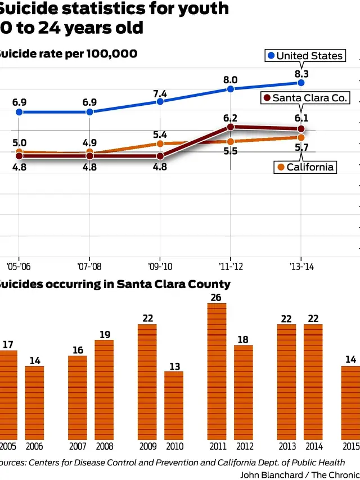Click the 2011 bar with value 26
pos(217,371)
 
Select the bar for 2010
pos(174,405)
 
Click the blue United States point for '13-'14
pos(301,83)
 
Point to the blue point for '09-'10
pos(160,101)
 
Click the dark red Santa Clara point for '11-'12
pos(231,127)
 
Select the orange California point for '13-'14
pos(301,137)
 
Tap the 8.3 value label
pos(301,74)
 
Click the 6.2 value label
pos(231,118)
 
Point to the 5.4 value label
pos(160,135)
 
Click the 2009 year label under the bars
pos(147,446)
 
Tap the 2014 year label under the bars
pos(313,446)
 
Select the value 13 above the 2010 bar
pos(174,366)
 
